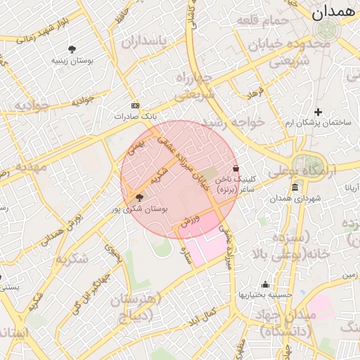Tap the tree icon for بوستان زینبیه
coord(72,49)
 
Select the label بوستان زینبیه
coord(72,60)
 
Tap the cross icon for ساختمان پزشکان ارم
coord(318,112)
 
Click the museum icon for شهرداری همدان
coord(294,188)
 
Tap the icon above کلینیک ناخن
coord(235,169)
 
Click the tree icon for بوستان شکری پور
coord(139,198)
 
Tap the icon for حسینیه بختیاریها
coord(265,284)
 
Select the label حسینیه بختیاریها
coord(264,295)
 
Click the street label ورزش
coord(191,220)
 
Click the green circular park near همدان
coord(326,30)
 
